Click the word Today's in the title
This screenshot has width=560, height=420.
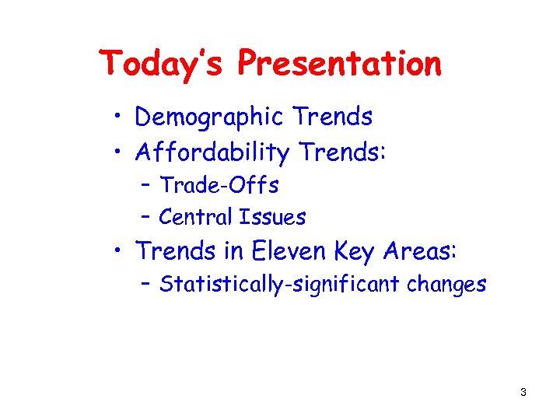point(165,63)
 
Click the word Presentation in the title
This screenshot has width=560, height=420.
point(340,63)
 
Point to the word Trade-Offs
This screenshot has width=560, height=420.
point(219,185)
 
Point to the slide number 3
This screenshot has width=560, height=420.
point(523,393)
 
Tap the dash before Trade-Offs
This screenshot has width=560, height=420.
point(146,185)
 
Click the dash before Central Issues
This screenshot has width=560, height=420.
point(146,217)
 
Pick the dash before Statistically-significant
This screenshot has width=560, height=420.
point(146,285)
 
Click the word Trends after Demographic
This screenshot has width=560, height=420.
point(333,117)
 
